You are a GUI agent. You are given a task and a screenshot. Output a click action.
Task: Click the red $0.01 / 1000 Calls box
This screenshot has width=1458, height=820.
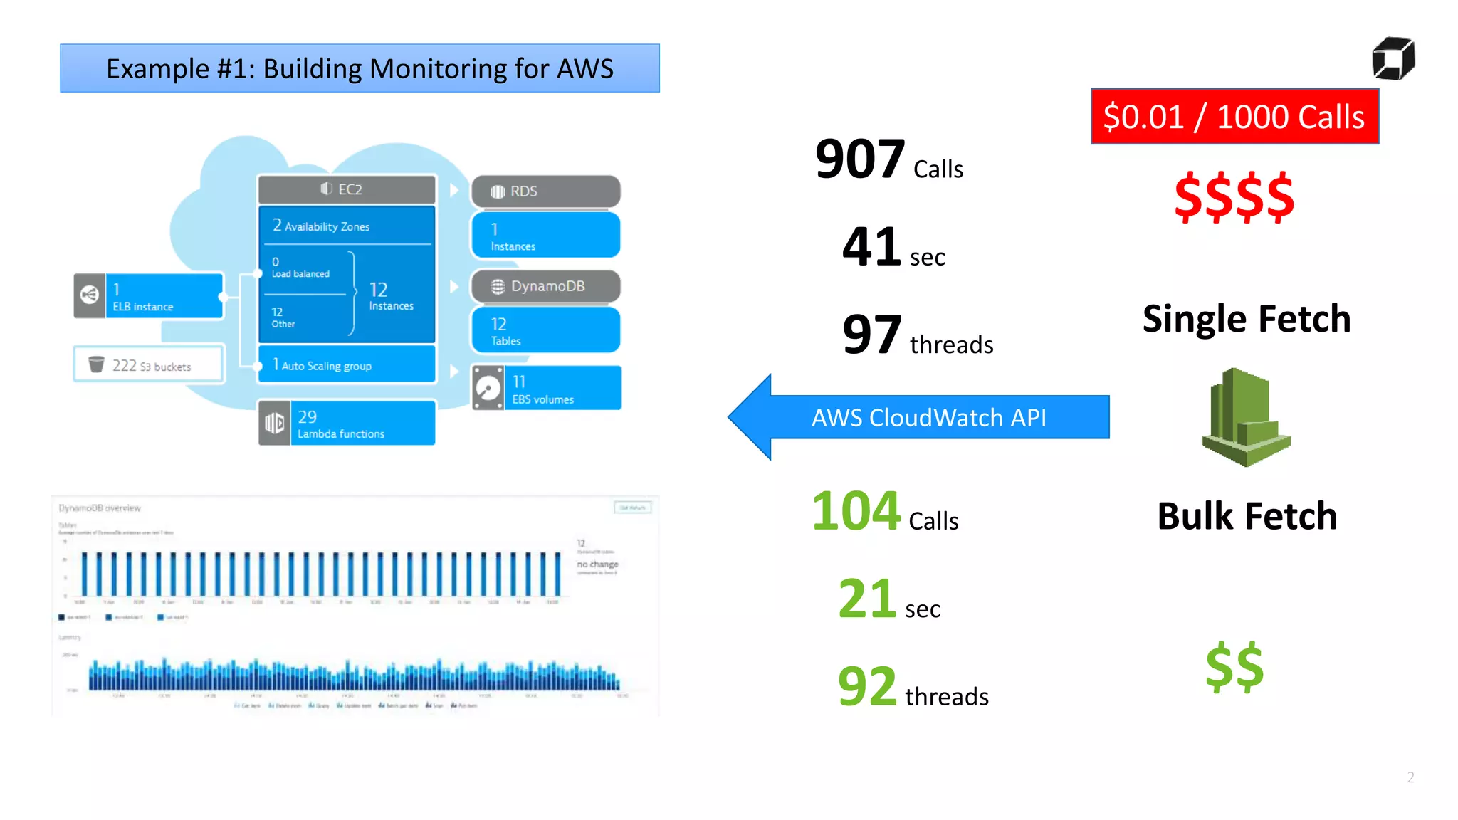tap(1234, 117)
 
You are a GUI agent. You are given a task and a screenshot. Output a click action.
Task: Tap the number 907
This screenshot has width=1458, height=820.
tap(860, 159)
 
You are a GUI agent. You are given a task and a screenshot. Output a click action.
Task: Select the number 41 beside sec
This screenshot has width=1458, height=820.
tap(871, 247)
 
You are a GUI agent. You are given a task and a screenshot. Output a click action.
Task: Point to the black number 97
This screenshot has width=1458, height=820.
tap(871, 335)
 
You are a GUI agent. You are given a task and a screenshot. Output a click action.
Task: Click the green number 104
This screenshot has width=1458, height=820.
tap(856, 511)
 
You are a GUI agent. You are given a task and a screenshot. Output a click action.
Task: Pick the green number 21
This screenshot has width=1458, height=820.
tap(866, 599)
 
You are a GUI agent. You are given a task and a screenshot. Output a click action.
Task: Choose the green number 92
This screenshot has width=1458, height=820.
tap(866, 686)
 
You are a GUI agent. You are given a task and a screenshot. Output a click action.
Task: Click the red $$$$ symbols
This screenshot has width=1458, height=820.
tap(1234, 197)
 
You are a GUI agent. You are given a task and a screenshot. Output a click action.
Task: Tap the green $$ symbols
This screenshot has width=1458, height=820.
tap(1234, 667)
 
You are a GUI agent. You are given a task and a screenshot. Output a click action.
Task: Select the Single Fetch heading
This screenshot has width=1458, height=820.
tap(1246, 319)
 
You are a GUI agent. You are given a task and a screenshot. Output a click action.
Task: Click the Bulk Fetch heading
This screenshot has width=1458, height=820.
tap(1247, 516)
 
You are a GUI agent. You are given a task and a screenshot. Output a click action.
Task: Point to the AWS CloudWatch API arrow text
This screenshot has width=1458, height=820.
tap(928, 418)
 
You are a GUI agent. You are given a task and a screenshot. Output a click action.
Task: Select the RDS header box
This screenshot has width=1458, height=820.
tap(545, 191)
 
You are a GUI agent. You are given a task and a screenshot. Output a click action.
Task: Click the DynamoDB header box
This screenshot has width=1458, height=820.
tap(545, 286)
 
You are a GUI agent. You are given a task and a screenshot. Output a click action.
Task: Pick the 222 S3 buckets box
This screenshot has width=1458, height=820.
tap(149, 364)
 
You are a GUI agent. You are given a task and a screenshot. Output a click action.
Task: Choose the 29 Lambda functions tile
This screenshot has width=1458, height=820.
tap(347, 424)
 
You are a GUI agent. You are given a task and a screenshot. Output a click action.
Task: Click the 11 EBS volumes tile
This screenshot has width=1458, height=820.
tap(546, 389)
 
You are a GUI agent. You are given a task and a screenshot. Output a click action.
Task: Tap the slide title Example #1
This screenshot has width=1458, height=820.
tap(360, 69)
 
